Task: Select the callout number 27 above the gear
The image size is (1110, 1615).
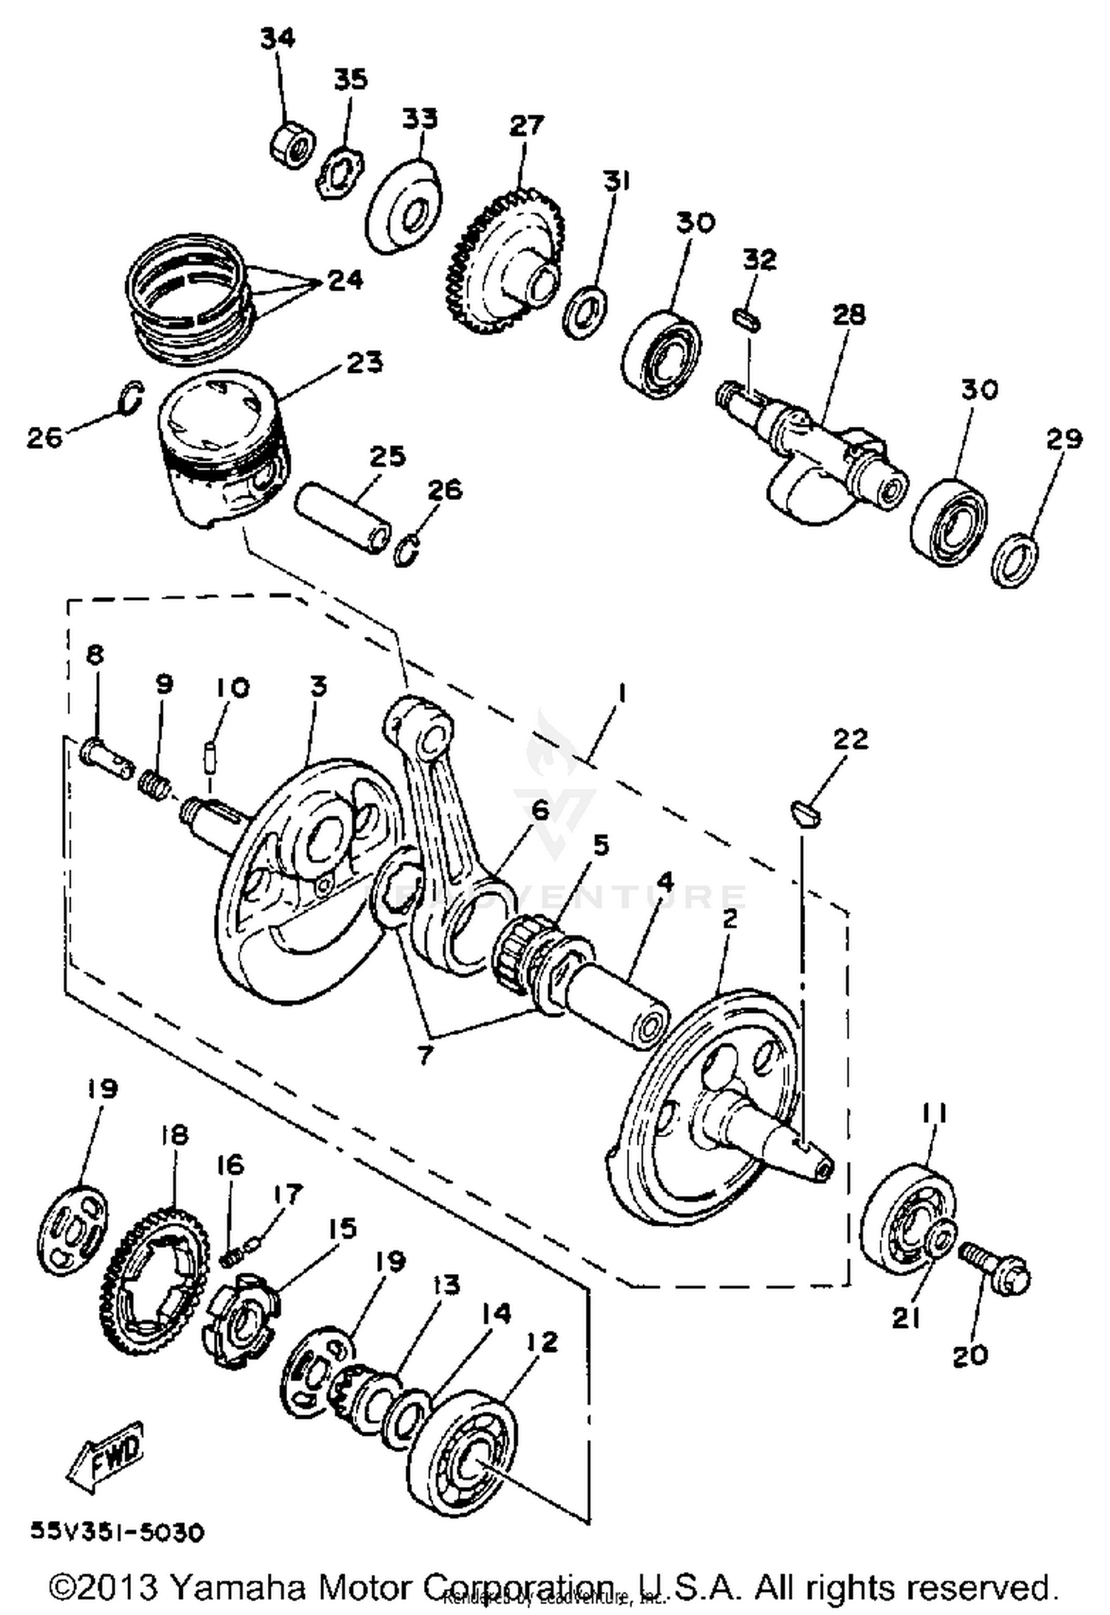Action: [526, 126]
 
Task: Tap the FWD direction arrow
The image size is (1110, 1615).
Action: [105, 1449]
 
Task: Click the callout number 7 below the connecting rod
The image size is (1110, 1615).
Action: [425, 1055]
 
